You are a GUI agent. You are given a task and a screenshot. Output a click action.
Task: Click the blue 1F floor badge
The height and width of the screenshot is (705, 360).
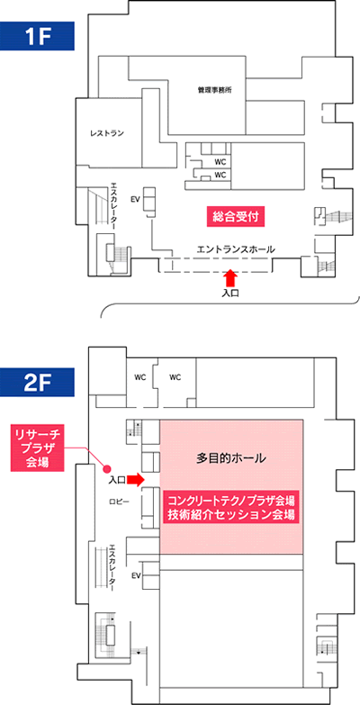coord(36,37)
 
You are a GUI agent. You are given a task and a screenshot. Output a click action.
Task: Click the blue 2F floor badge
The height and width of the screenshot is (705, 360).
coord(36,383)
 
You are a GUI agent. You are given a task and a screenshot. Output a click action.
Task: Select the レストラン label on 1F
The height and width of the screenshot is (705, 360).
coord(106,133)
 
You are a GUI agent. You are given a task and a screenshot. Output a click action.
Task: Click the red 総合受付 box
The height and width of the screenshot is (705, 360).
coord(234,216)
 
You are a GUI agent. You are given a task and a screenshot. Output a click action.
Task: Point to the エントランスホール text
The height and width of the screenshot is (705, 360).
coord(236,249)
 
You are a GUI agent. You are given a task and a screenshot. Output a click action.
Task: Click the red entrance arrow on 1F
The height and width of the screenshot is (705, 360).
coord(230,277)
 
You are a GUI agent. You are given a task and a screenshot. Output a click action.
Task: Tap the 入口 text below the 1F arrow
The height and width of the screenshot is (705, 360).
coord(230,294)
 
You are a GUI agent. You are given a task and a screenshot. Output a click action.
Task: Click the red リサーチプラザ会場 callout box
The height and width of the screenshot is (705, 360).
coord(38,448)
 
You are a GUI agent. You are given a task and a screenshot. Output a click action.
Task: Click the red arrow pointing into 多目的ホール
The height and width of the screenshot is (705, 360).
coord(135,480)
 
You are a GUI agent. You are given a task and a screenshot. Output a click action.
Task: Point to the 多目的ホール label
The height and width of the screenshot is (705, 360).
coord(232,459)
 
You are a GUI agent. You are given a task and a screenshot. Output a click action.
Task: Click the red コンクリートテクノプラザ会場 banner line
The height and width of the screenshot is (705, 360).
coord(231,500)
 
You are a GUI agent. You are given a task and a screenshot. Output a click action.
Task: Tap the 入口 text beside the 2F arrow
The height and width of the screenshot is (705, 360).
coord(117,481)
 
